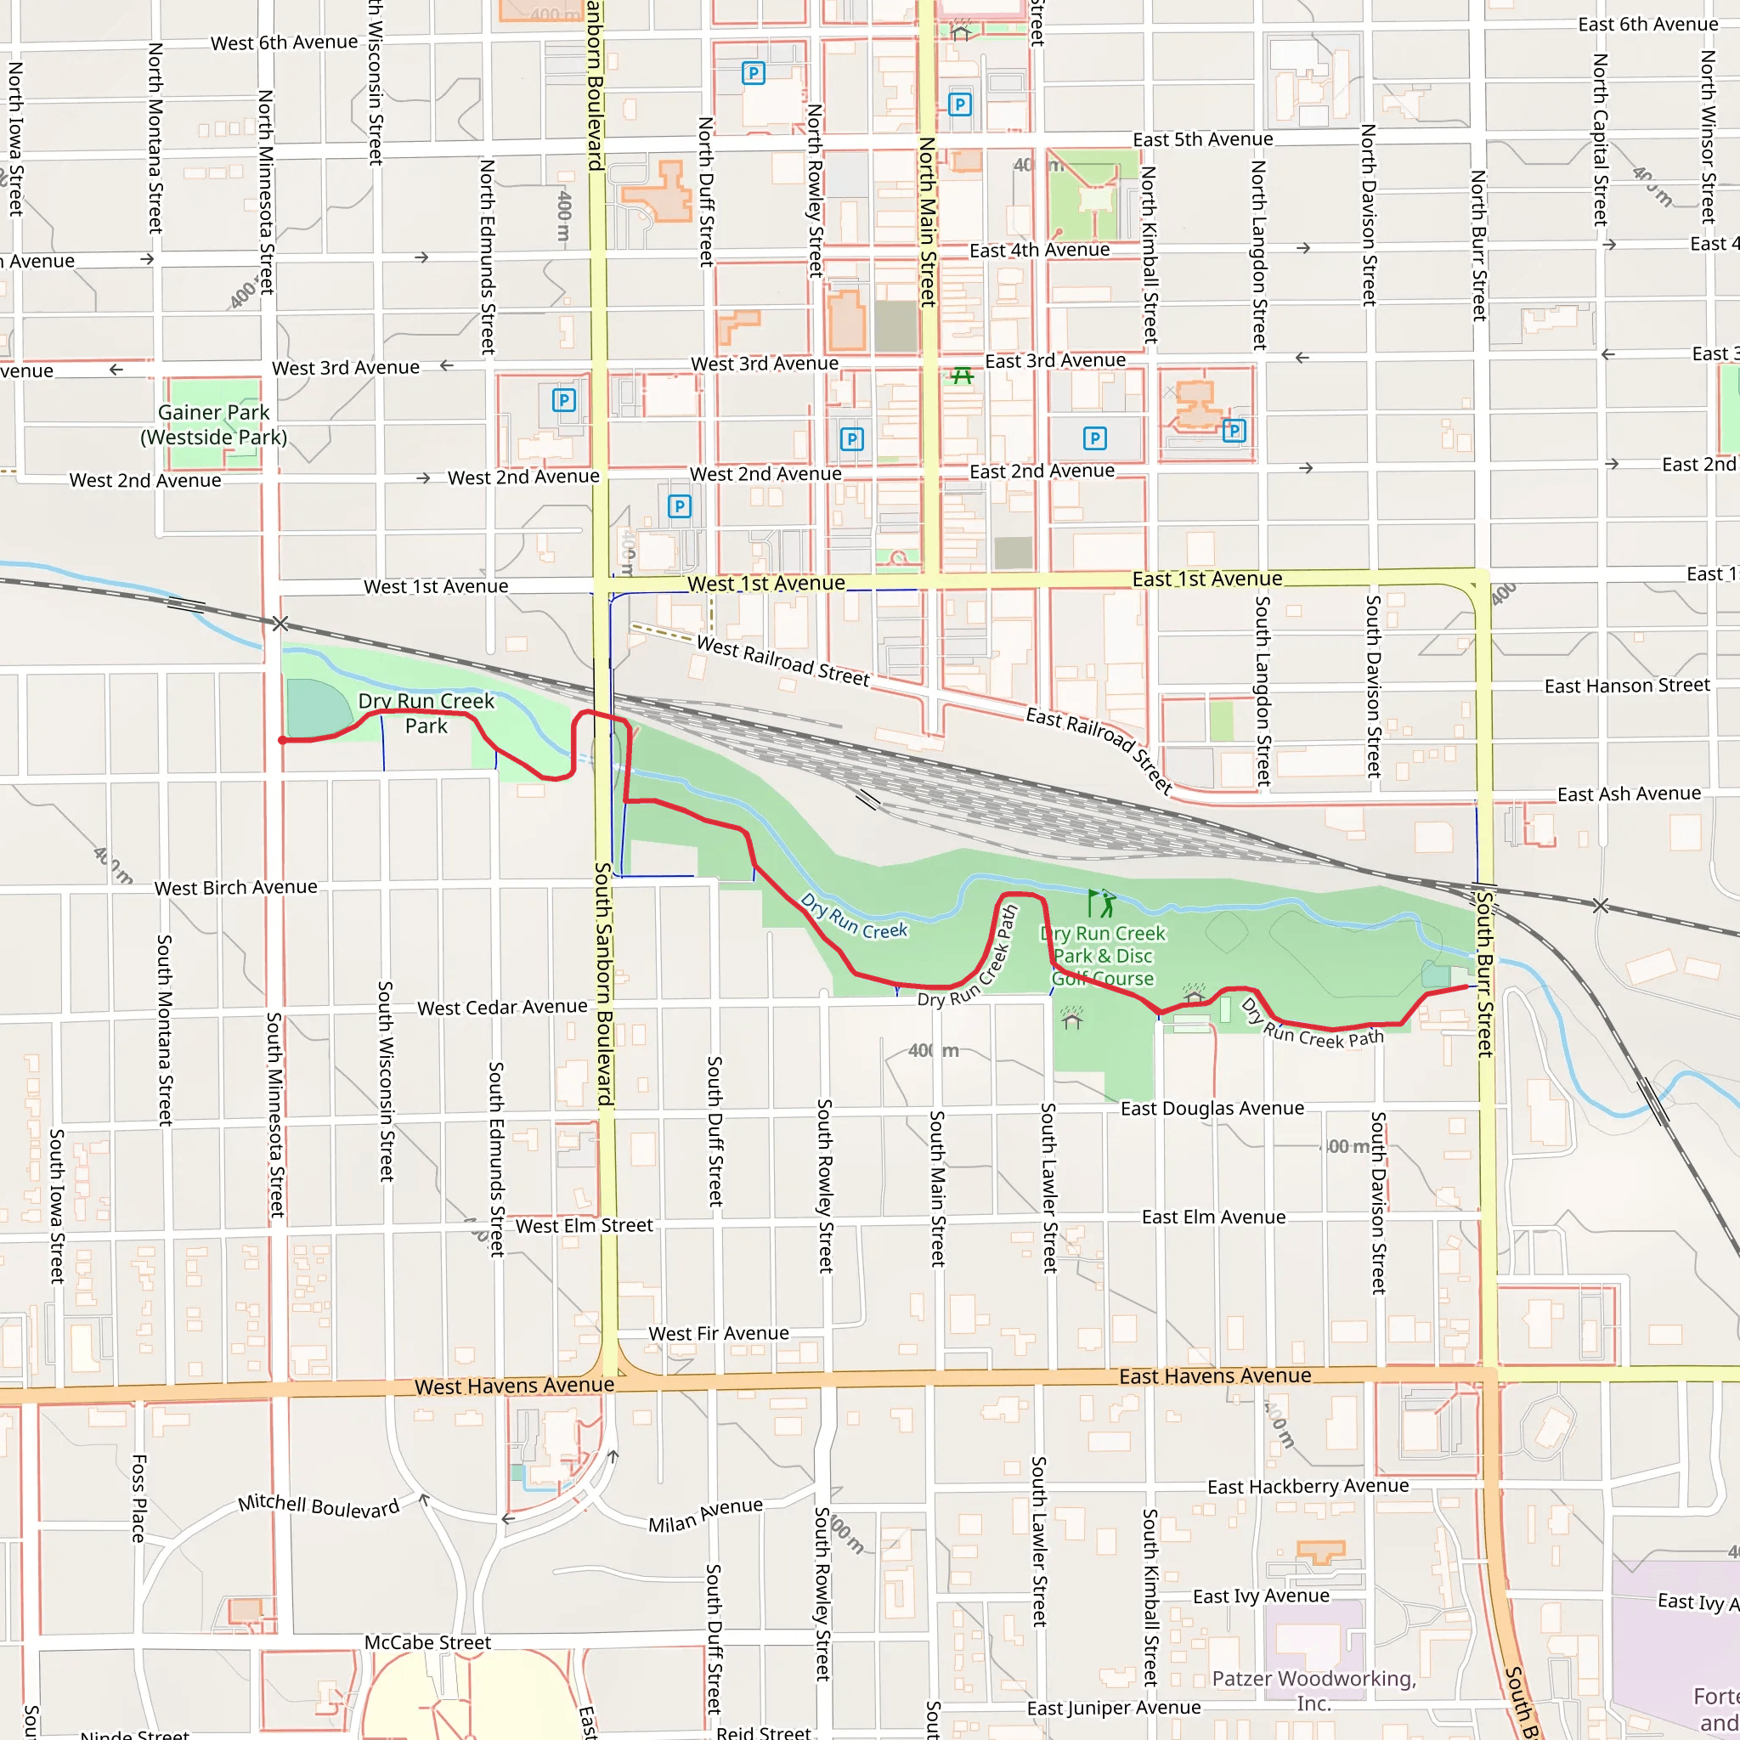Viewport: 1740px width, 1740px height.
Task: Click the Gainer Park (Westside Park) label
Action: click(x=213, y=424)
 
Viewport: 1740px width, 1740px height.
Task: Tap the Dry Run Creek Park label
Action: click(x=426, y=714)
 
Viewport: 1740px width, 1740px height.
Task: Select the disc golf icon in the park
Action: click(x=1100, y=902)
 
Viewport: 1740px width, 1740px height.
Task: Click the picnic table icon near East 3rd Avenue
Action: click(x=962, y=376)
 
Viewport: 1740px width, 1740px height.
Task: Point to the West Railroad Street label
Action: click(x=782, y=661)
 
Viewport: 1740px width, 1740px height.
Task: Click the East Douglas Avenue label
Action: click(x=1212, y=1109)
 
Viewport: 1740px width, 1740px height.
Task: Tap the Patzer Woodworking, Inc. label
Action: click(x=1313, y=1691)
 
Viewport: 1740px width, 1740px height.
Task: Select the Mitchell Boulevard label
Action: click(x=318, y=1506)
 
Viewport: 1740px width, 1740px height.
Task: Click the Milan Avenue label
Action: click(x=705, y=1515)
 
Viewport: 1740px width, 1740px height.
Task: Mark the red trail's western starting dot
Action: click(x=282, y=740)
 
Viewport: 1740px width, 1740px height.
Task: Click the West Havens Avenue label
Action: click(x=514, y=1386)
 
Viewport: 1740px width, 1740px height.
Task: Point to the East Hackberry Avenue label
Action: click(x=1308, y=1487)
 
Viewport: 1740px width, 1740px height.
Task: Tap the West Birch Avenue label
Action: click(x=236, y=888)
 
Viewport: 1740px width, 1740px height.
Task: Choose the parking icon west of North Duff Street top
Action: click(x=753, y=73)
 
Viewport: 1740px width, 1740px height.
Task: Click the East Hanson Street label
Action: click(x=1626, y=686)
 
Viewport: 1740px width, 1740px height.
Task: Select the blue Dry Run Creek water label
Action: click(x=854, y=917)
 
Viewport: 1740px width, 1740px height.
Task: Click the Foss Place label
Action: click(x=138, y=1498)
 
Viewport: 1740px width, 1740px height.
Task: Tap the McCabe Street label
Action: click(x=428, y=1643)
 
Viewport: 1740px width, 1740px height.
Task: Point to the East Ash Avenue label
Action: click(x=1630, y=794)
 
